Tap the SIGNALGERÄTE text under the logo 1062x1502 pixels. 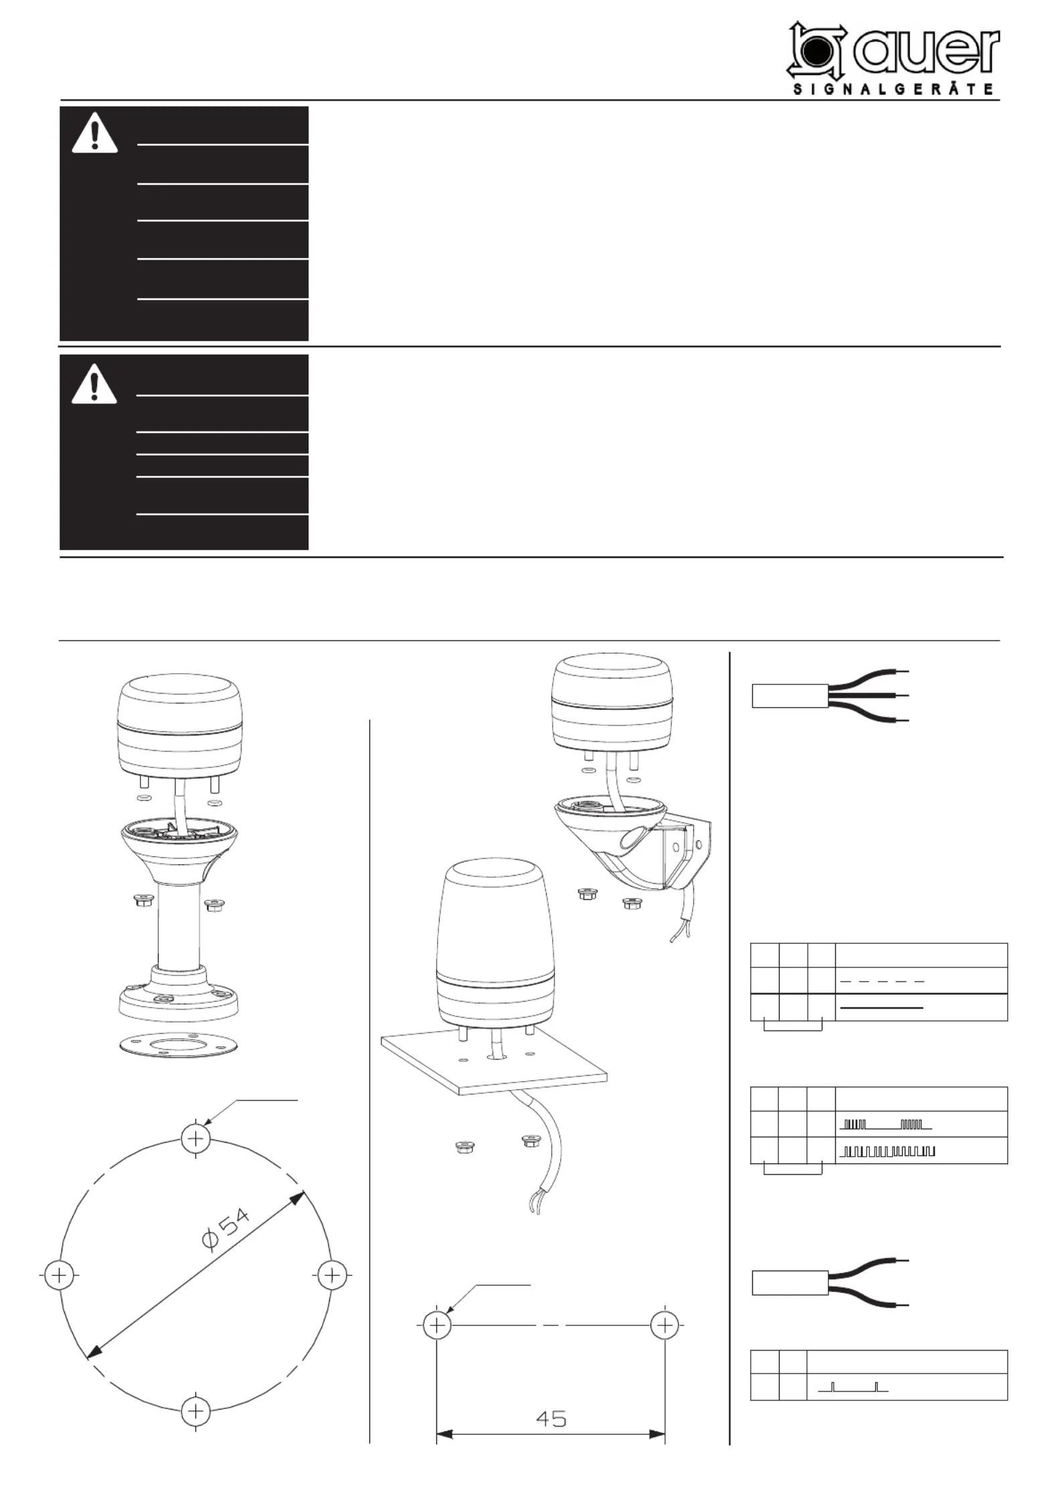[893, 90]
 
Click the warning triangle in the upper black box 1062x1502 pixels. [94, 132]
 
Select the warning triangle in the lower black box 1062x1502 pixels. [94, 383]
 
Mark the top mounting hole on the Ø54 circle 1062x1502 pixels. [195, 1137]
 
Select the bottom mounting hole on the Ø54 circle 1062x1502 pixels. [195, 1412]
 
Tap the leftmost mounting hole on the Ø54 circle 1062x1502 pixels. [59, 1275]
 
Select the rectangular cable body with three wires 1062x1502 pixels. [790, 696]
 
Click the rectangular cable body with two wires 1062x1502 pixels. [790, 1283]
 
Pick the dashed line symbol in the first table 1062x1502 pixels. [882, 981]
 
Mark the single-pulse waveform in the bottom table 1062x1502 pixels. [853, 1387]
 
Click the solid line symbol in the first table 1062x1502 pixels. [882, 1008]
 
